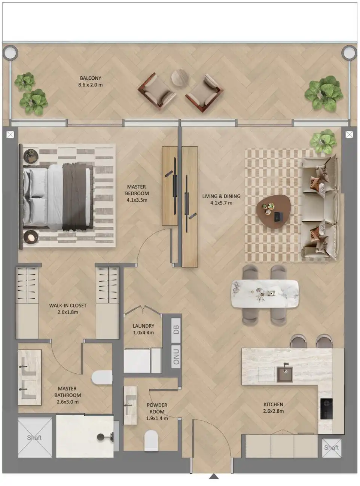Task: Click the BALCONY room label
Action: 90,79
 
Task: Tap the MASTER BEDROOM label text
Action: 137,190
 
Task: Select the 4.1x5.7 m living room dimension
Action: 221,203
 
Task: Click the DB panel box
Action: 176,330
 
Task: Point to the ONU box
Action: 176,355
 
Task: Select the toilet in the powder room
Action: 152,440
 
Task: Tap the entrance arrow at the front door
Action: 214,476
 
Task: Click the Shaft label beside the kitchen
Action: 331,447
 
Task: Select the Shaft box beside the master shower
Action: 35,437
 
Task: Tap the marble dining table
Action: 265,293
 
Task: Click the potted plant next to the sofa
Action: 323,142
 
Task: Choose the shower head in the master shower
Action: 101,437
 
